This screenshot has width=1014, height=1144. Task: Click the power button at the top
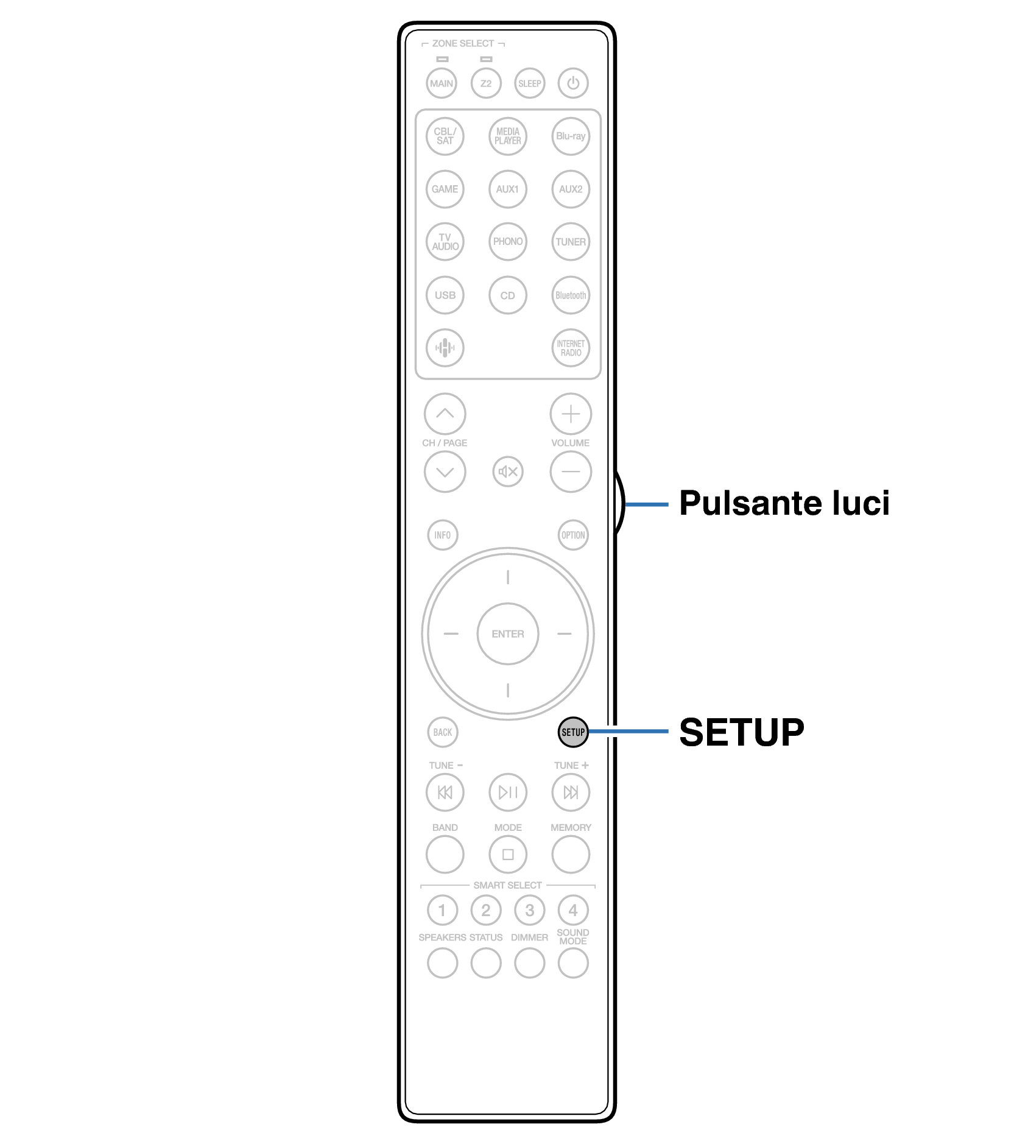572,83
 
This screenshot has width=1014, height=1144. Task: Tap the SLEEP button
529,83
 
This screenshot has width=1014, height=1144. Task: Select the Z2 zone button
485,83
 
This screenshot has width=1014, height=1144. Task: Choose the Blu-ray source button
570,136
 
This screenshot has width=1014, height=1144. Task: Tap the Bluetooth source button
570,295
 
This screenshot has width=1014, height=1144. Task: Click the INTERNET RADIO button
570,348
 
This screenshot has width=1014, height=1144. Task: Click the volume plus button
570,414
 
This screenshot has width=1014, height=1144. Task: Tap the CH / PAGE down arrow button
445,471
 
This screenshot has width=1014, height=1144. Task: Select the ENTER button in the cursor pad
507,634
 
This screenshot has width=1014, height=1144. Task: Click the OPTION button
572,535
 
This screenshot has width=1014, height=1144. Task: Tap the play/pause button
507,792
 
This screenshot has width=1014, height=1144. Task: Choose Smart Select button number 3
529,910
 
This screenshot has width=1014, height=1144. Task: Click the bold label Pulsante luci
784,503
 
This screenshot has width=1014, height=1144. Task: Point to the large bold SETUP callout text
741,732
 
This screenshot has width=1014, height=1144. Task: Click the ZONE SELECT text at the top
463,43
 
